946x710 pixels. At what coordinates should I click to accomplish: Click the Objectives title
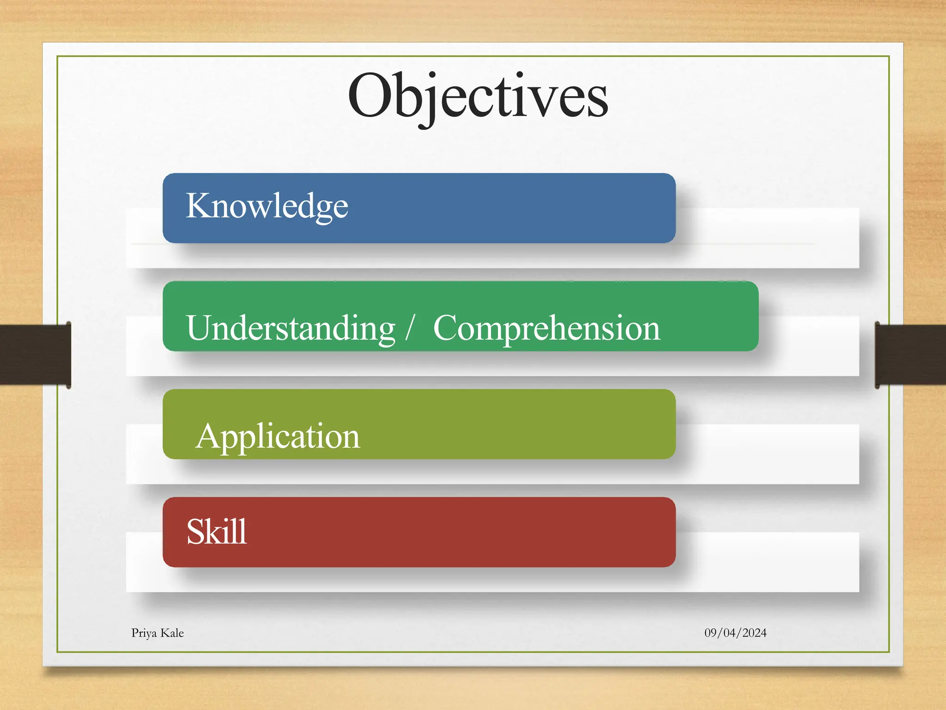(x=478, y=97)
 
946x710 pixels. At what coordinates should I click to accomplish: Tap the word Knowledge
(x=267, y=206)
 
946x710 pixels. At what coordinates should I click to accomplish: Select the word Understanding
(x=291, y=328)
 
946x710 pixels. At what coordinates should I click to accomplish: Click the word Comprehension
(x=546, y=328)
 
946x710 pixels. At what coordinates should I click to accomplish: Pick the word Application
(x=277, y=436)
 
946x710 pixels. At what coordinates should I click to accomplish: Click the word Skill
(x=216, y=532)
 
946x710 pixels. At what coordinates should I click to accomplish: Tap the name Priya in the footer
(x=144, y=633)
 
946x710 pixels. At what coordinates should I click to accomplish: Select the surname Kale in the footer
(x=172, y=633)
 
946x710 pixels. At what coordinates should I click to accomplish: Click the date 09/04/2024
(x=735, y=633)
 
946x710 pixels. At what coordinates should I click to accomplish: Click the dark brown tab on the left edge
(x=35, y=355)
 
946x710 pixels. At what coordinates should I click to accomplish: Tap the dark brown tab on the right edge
(x=910, y=355)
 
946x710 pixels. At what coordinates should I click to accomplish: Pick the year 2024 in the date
(x=754, y=633)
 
